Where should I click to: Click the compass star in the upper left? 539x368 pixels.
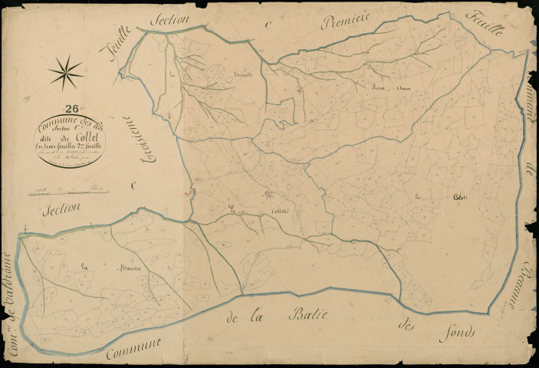tap(66, 72)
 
